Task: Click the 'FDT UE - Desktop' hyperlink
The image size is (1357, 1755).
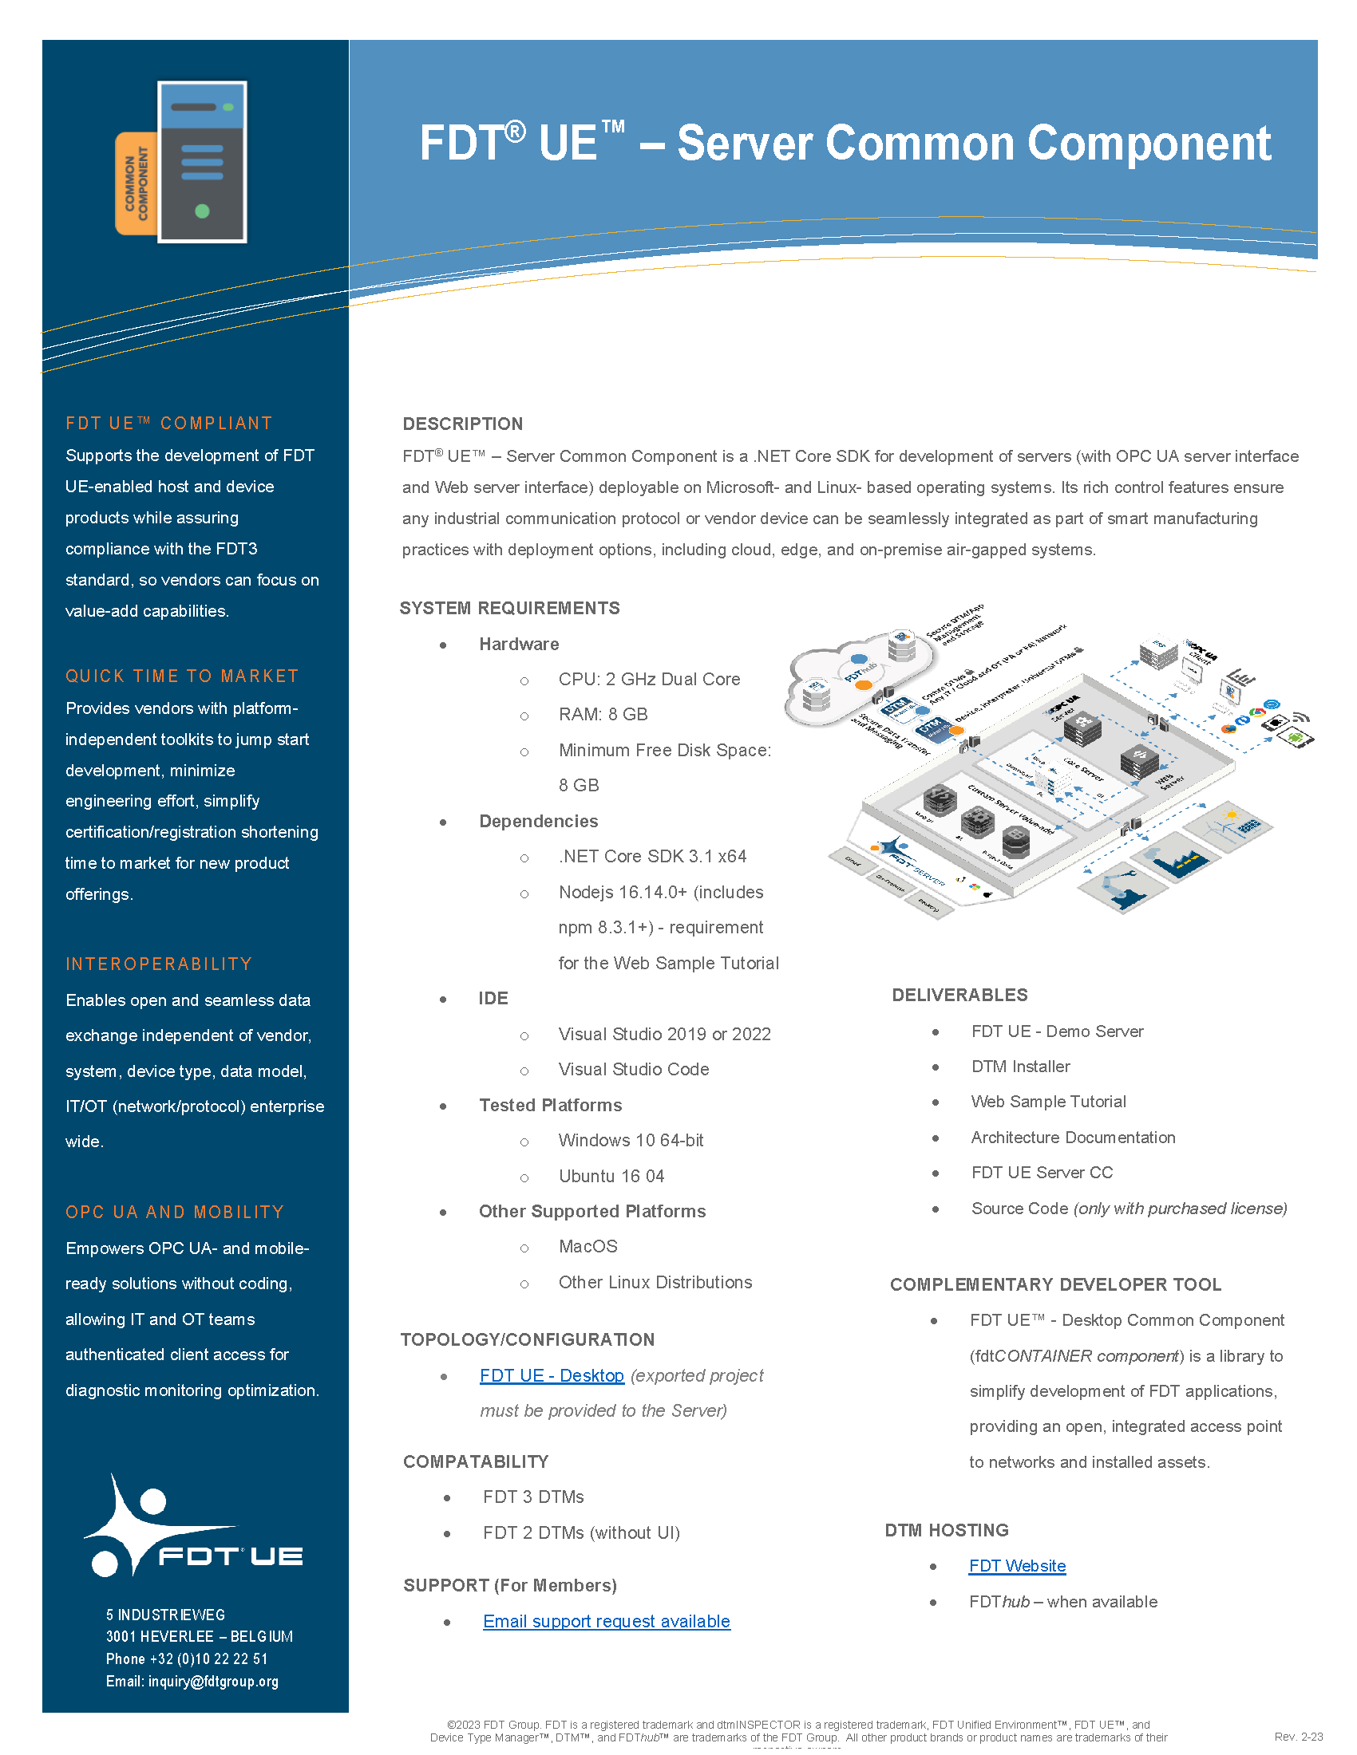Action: (552, 1375)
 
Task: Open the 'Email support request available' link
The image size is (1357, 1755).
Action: (606, 1621)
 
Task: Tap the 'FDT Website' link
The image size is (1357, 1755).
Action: (1017, 1565)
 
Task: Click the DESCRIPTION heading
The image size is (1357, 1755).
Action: (462, 424)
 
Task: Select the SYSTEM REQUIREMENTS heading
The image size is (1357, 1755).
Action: (509, 608)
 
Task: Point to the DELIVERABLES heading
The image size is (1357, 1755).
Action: (959, 995)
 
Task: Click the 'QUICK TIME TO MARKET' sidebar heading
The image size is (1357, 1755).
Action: (182, 676)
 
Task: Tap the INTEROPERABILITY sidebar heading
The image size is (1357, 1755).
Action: (159, 964)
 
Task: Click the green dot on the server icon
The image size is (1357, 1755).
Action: (203, 211)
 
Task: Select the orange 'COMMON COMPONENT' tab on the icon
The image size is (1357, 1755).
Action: (135, 183)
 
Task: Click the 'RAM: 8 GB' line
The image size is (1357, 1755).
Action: (603, 715)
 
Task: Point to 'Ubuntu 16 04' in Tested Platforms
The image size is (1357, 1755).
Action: (611, 1176)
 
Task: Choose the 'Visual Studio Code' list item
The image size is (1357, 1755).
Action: (634, 1069)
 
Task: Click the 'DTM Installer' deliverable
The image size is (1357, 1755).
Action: (1020, 1067)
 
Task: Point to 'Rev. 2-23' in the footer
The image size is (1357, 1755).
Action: (1298, 1737)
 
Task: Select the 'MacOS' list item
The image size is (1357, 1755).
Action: (588, 1246)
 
